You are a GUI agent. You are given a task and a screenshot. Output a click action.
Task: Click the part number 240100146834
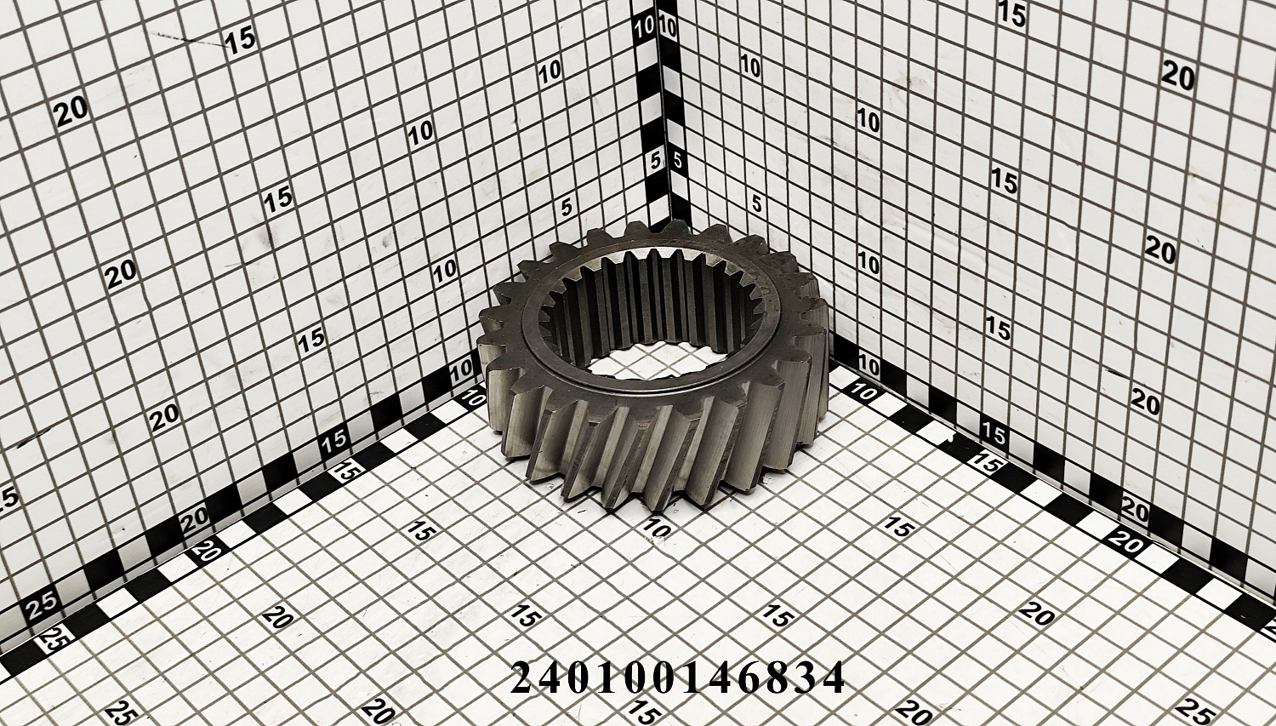[677, 677]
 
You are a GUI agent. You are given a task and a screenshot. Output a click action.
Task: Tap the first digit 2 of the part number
[523, 677]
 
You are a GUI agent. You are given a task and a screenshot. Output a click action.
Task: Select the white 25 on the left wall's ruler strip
[41, 605]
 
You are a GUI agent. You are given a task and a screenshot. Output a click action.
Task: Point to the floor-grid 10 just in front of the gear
[656, 529]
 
